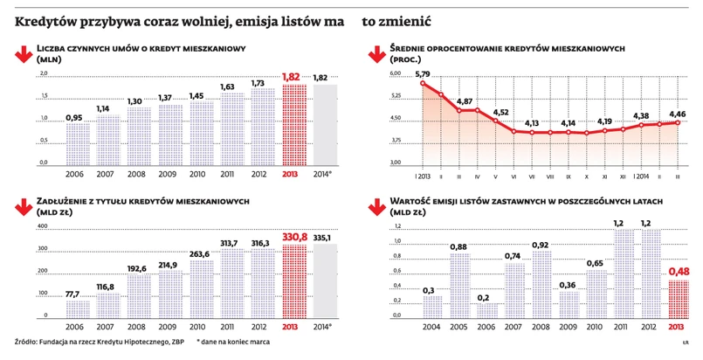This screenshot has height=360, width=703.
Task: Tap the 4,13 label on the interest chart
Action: (x=531, y=124)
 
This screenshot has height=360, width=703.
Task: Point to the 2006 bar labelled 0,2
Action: (x=486, y=310)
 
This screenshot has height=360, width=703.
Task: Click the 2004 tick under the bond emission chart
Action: (x=431, y=327)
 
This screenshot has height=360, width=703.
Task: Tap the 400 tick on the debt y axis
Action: (x=40, y=226)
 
